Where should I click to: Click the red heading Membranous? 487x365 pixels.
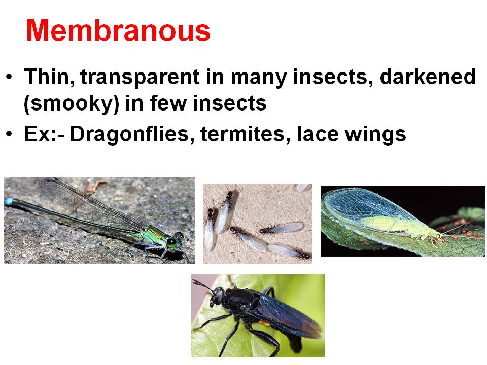pyautogui.click(x=118, y=31)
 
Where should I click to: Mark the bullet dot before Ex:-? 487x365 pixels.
pyautogui.click(x=10, y=135)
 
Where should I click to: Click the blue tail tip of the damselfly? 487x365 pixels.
pyautogui.click(x=9, y=202)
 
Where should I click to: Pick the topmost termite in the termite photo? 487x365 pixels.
pyautogui.click(x=230, y=195)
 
